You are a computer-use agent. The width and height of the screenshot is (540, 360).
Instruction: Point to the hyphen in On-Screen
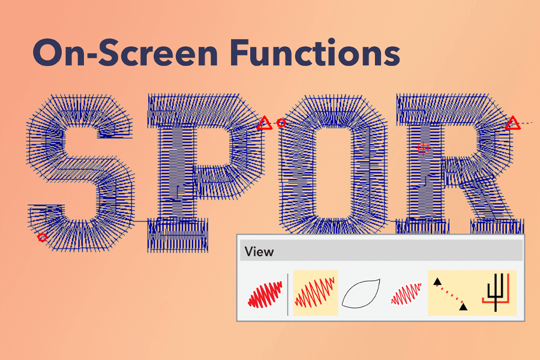91,55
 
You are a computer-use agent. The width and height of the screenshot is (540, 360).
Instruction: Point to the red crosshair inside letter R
423,148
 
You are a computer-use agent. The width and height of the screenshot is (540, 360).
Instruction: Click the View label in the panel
259,252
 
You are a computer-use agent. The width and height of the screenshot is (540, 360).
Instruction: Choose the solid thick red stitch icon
265,294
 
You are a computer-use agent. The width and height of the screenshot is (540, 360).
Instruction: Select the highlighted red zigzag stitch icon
315,293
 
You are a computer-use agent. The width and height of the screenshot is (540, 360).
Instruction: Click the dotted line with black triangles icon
451,294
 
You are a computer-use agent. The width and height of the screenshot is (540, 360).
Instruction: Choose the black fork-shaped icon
496,293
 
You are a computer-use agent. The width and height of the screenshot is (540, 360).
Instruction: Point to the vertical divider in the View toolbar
288,294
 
